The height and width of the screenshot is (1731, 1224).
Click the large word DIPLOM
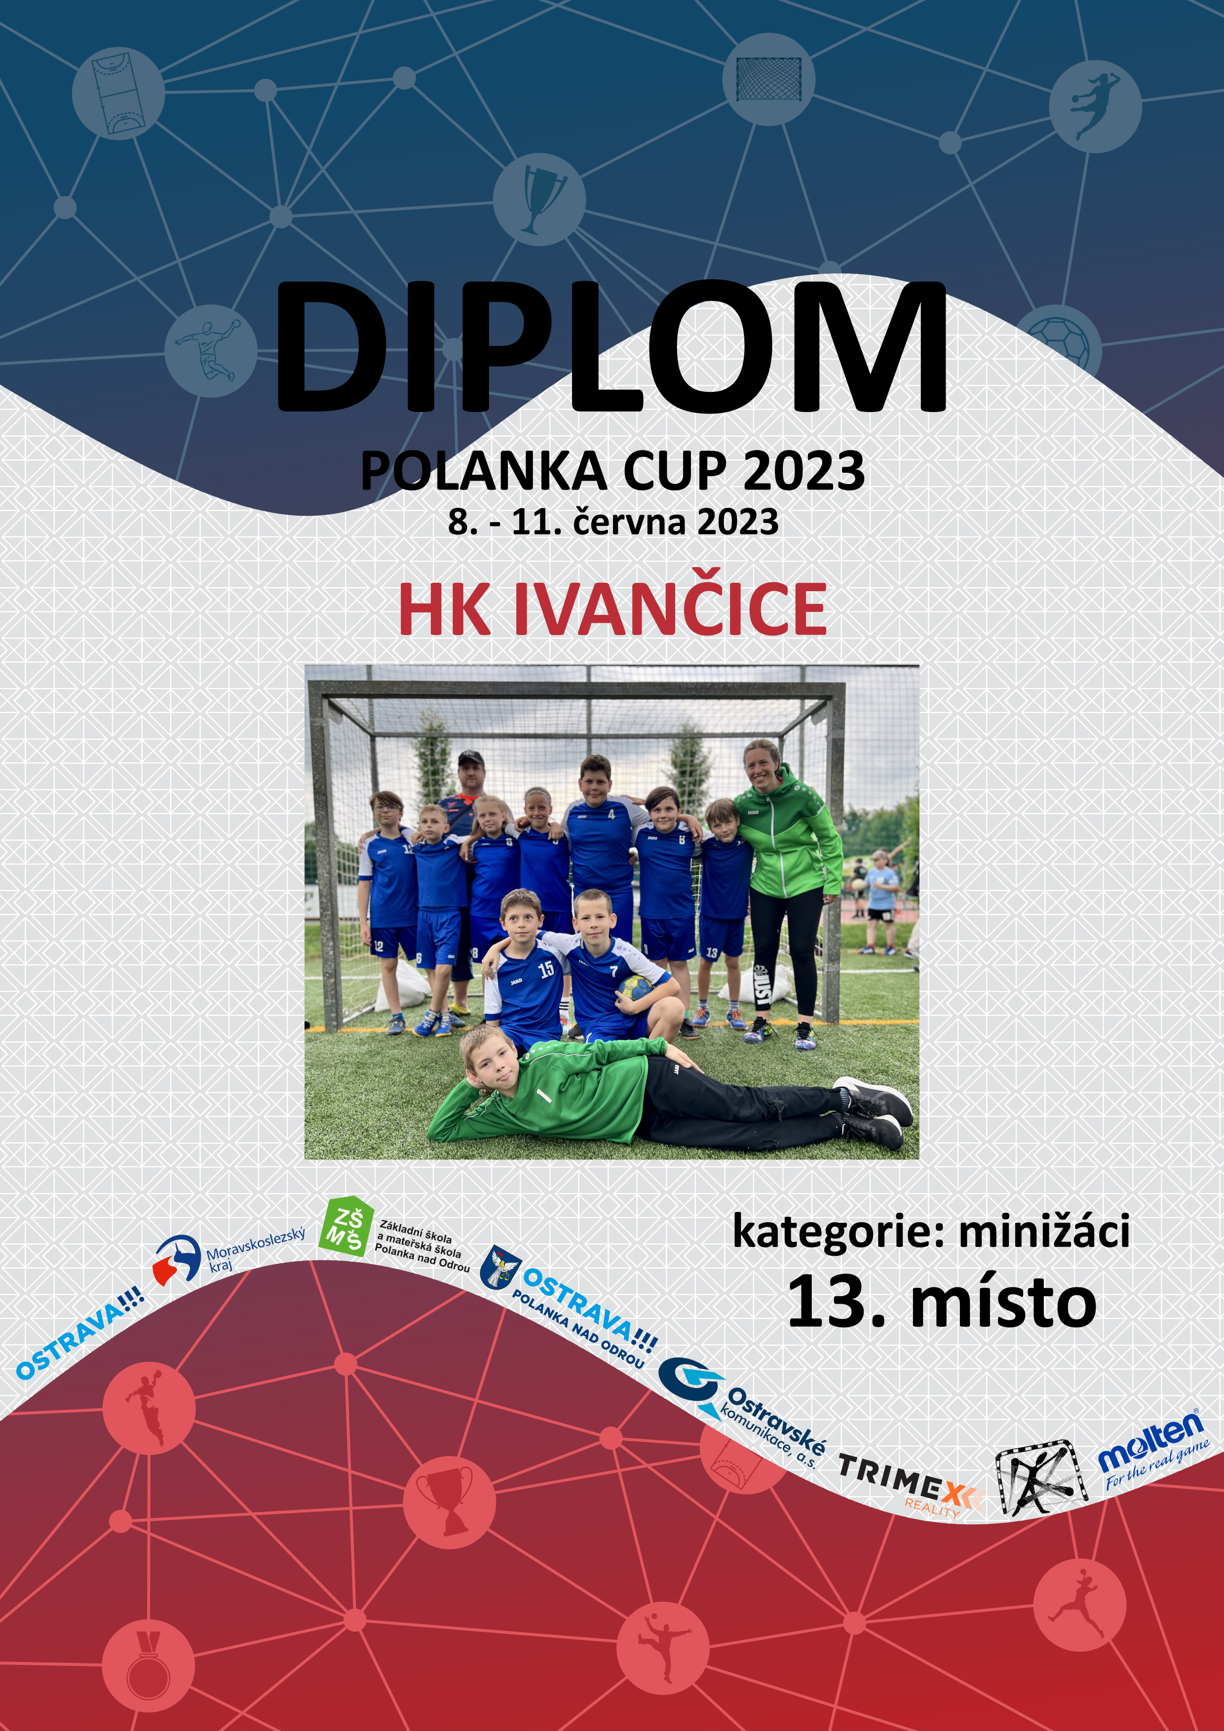coord(612,347)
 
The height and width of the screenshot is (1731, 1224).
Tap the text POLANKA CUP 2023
coord(612,471)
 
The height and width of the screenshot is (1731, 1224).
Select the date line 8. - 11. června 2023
coord(612,522)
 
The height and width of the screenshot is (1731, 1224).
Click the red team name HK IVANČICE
coord(612,609)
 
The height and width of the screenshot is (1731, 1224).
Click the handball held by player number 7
coord(635,988)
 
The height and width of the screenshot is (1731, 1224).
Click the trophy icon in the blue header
coord(539,199)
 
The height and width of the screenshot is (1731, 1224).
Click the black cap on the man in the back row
coord(470,757)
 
